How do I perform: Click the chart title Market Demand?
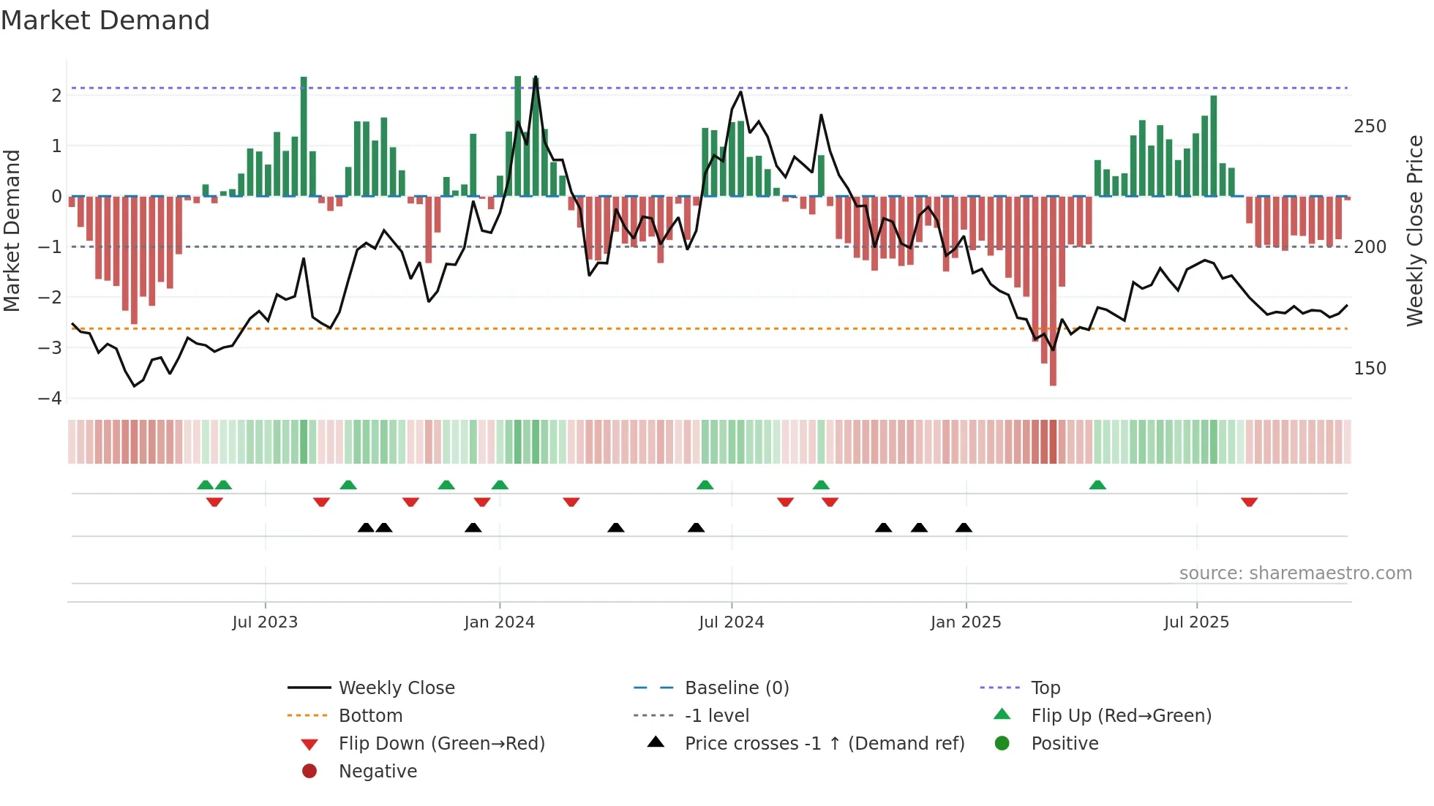[105, 20]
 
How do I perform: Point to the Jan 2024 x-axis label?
[499, 622]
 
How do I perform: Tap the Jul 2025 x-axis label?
[1196, 622]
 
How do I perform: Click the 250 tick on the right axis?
[1370, 127]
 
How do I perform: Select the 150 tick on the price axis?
[1370, 369]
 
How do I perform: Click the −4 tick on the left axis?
[50, 399]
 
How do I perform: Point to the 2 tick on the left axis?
[56, 96]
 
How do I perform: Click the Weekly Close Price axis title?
[1415, 230]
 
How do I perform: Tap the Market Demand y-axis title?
[12, 230]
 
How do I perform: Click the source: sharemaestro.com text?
[1295, 573]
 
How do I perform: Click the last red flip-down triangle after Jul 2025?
[1249, 502]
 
